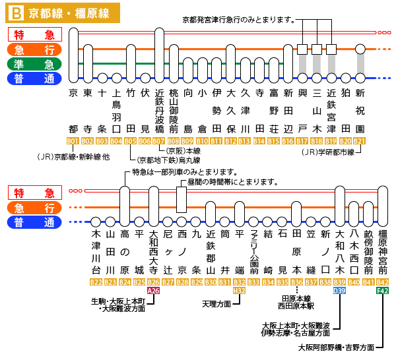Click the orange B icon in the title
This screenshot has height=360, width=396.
[x=16, y=12]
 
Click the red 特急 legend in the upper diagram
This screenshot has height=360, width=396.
[x=34, y=35]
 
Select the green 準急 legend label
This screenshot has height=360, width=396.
[x=34, y=64]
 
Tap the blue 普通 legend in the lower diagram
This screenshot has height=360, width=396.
[x=34, y=222]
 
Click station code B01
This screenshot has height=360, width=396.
[x=73, y=141]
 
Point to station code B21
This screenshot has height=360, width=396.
[x=360, y=141]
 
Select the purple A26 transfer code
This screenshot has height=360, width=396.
[x=154, y=290]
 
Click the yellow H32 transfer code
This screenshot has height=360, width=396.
[x=240, y=290]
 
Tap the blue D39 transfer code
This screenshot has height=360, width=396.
[x=340, y=290]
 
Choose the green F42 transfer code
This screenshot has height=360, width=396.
[x=383, y=290]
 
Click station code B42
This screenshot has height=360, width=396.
[x=383, y=282]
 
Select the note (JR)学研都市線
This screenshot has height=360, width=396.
[x=325, y=152]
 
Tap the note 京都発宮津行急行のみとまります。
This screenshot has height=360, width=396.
[x=238, y=20]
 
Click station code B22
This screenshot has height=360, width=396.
[x=96, y=282]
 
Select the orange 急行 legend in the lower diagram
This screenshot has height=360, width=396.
[x=34, y=207]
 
